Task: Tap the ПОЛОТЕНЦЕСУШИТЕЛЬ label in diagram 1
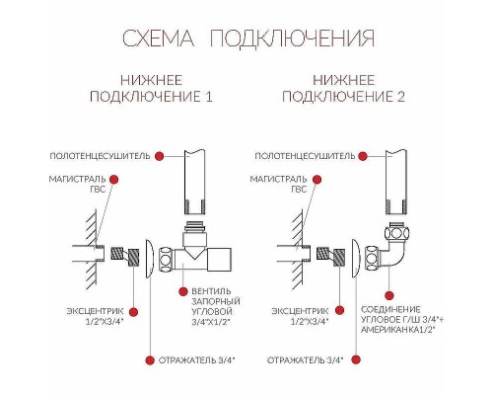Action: click(102, 156)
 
